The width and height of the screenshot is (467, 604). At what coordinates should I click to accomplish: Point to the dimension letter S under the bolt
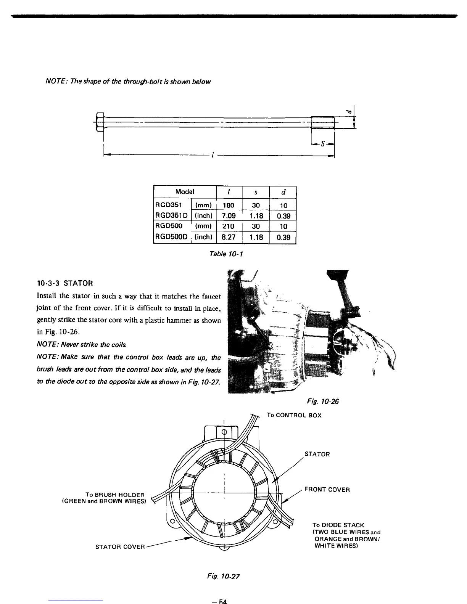323,144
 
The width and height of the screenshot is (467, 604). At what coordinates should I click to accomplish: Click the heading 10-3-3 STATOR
65,284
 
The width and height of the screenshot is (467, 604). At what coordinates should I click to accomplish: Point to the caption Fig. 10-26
323,402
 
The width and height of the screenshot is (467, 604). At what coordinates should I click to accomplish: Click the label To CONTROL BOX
294,415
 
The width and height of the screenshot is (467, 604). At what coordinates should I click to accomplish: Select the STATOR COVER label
120,547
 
